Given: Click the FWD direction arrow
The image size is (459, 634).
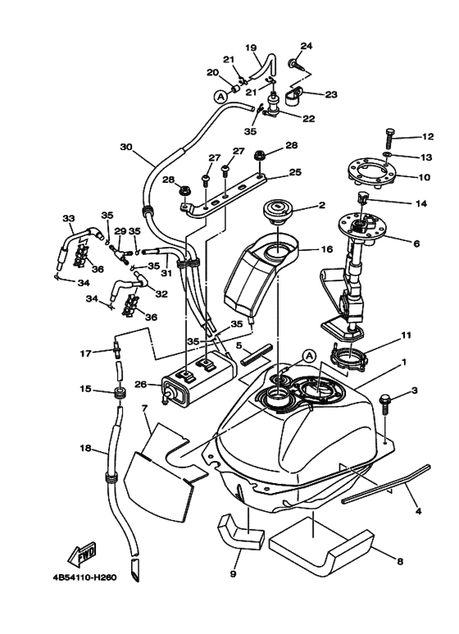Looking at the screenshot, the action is click(x=83, y=553).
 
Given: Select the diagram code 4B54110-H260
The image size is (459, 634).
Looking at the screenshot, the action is click(x=84, y=577).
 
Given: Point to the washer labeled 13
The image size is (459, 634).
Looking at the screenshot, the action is click(x=386, y=155).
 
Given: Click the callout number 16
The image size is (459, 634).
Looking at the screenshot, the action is click(x=326, y=249).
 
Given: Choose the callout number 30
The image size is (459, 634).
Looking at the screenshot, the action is click(x=126, y=147).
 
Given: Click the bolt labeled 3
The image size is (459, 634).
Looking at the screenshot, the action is click(x=384, y=404).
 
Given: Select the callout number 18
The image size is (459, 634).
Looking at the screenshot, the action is click(x=86, y=448).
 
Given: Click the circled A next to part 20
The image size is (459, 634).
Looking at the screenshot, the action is click(x=220, y=96).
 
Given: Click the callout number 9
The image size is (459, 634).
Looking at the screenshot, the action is click(x=233, y=573).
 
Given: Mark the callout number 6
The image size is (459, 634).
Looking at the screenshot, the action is click(x=416, y=244).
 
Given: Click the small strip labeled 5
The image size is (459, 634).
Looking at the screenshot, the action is click(x=257, y=354).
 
